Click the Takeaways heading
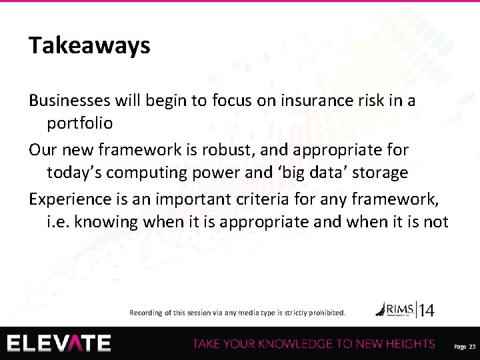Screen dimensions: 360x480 click(x=89, y=45)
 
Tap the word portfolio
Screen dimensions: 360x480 click(x=79, y=124)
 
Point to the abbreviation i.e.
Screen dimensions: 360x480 click(x=59, y=222)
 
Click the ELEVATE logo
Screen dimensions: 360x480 click(x=59, y=343)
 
